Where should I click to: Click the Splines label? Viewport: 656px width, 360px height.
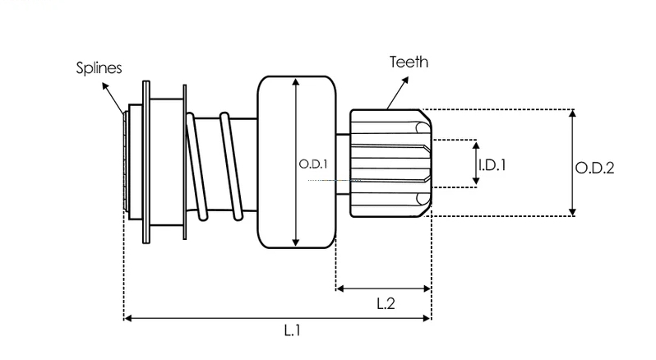pos(99,67)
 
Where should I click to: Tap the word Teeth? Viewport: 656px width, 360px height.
pos(409,62)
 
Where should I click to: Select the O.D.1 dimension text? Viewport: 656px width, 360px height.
pos(313,164)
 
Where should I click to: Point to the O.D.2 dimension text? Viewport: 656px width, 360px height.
pos(594,168)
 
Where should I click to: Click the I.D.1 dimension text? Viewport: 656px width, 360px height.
pos(492,165)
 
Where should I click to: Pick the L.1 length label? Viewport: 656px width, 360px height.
pos(293,330)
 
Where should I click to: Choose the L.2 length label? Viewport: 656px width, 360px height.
pos(386,303)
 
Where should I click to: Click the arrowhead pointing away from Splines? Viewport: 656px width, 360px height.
pos(105,86)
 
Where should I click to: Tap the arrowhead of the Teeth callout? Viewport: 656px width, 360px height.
pos(404,81)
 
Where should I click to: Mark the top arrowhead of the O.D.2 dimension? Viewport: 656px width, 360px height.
pos(573,113)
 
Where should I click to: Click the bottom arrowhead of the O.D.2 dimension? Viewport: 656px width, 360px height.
pos(573,212)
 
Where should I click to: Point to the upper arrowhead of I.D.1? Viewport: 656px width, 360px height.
pos(476,145)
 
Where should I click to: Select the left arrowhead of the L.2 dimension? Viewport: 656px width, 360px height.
pos(340,288)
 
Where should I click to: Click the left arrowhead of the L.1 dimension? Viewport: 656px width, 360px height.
pos(129,318)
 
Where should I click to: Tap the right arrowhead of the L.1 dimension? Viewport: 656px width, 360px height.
pos(427,318)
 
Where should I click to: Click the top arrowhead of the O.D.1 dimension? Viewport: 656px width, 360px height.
pos(296,82)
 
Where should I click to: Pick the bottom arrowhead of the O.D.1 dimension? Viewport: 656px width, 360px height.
pos(296,242)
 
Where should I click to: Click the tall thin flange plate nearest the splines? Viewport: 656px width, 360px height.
pos(146,162)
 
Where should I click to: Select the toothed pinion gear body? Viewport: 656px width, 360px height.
pos(390,163)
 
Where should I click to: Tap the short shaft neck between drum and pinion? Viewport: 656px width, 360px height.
pos(343,164)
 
